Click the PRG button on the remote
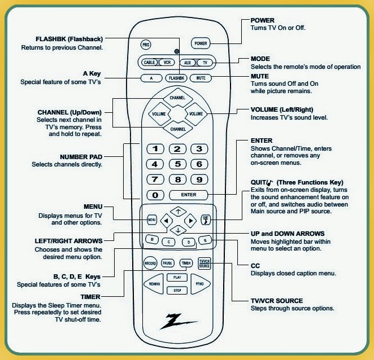coord(146,43)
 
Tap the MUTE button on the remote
coord(201,78)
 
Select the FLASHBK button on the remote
coord(176,78)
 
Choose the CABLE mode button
coord(149,62)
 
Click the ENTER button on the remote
coord(189,195)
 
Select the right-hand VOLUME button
coord(195,113)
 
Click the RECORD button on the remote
coord(150,263)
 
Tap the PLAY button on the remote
coord(176,278)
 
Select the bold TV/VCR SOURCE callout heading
coord(277,301)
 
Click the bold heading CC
coord(255,266)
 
